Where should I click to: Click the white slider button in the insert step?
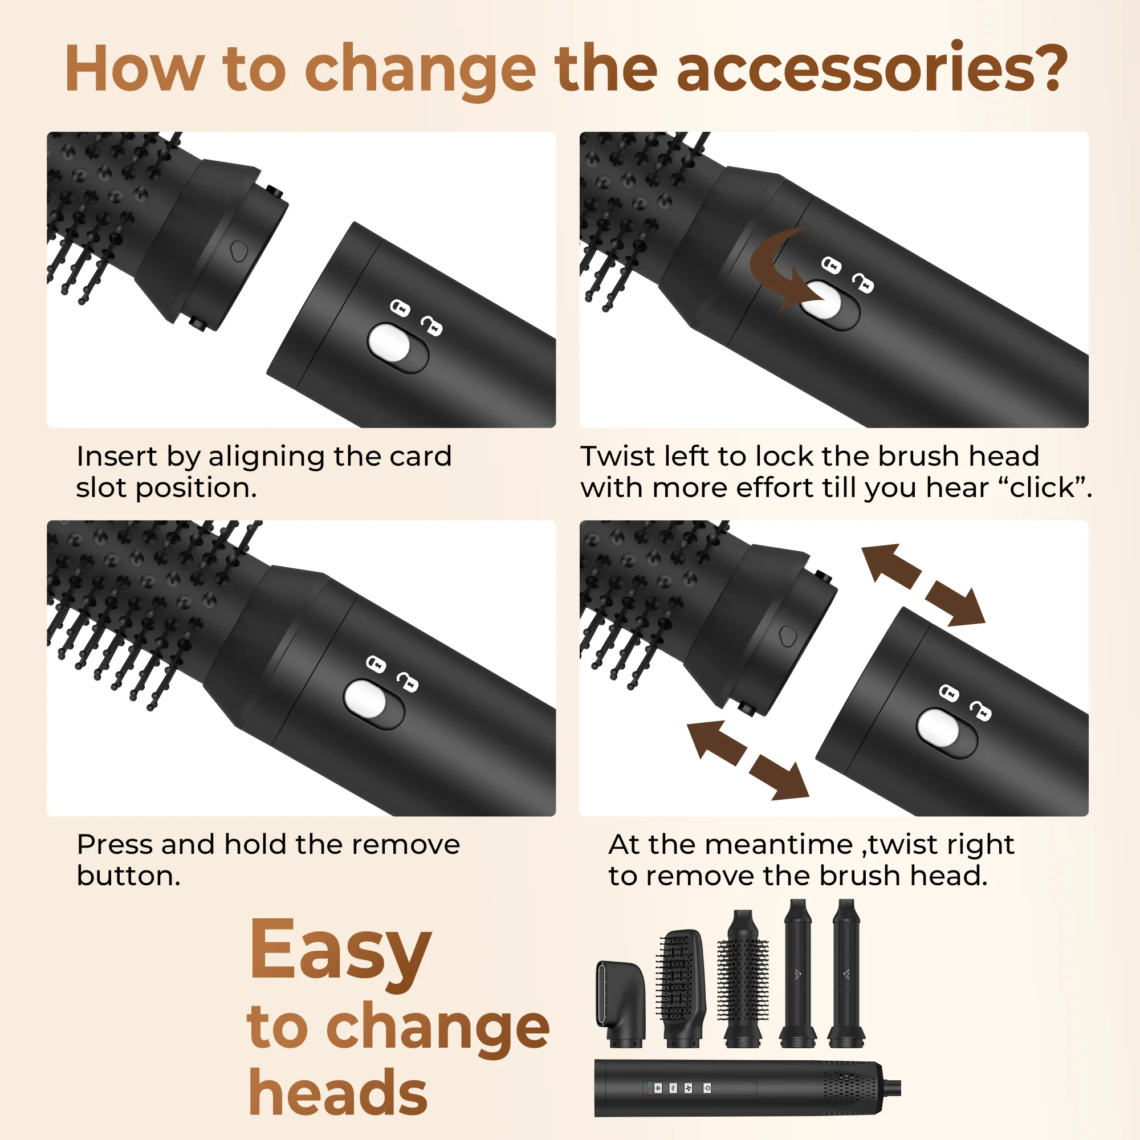coord(389,344)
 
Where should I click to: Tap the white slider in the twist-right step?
coord(938,727)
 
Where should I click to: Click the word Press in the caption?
coord(115,845)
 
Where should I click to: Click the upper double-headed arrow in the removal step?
coord(923,584)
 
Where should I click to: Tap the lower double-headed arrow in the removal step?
coord(748,760)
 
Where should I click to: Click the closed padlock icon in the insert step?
coord(400,307)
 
